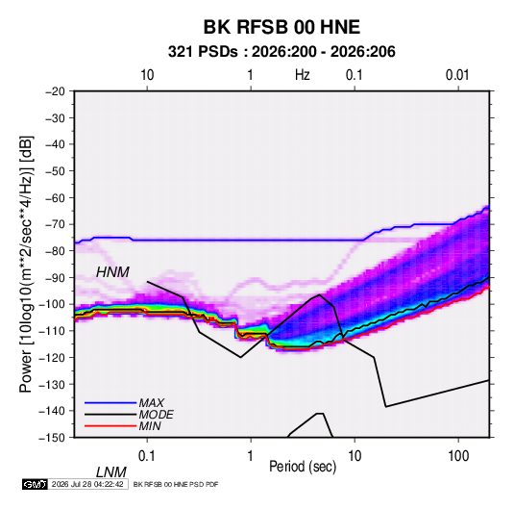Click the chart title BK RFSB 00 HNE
(281, 27)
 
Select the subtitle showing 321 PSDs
(281, 52)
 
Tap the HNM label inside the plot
(112, 272)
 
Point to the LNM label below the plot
(110, 472)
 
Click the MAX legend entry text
(152, 402)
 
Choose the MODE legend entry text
(156, 415)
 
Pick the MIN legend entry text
(150, 426)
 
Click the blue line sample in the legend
(110, 403)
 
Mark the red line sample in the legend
(110, 426)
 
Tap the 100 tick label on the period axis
(458, 456)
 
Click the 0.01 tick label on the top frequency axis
(457, 75)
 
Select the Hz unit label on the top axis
(302, 75)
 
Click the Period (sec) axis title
(303, 467)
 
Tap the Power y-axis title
(26, 264)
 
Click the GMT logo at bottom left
(36, 484)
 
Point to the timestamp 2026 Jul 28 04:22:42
(87, 484)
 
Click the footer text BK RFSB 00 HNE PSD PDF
(176, 484)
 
